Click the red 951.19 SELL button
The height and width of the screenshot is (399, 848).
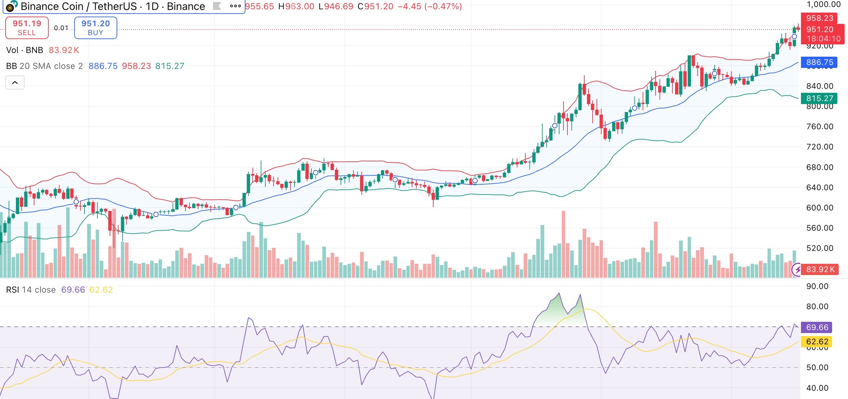pos(27,28)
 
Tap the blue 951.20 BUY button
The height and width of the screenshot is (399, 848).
pos(95,28)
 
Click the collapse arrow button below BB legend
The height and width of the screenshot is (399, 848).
pos(15,83)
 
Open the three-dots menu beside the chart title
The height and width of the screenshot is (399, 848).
pos(235,6)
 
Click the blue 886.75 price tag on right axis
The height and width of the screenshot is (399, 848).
pos(819,62)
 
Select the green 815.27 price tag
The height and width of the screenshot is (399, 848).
pos(819,98)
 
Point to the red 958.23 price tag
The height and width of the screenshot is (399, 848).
pos(819,18)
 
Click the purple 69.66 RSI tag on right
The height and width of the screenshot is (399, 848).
pos(817,327)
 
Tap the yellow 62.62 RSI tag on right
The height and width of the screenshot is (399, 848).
pos(817,342)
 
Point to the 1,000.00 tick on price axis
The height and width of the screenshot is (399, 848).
pos(823,5)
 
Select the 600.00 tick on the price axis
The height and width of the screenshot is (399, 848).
pos(820,208)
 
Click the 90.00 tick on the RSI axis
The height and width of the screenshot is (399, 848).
pos(817,286)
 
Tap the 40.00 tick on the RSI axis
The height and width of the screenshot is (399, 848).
pos(817,388)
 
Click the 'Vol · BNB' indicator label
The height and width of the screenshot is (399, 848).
pos(25,50)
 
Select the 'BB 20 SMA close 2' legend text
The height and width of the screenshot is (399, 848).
pos(44,66)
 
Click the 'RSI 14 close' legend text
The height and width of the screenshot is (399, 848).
pos(31,290)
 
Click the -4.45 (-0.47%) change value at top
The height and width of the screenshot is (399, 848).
pos(430,6)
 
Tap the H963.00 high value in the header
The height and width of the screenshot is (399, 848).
pos(296,6)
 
